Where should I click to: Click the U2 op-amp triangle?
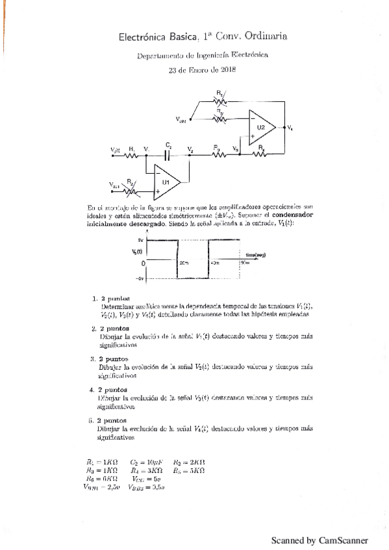click(262, 127)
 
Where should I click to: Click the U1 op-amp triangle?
click(167, 182)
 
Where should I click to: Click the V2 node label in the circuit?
click(190, 149)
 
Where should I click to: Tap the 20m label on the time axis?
click(184, 262)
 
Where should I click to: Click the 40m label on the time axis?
click(216, 262)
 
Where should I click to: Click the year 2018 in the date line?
click(227, 70)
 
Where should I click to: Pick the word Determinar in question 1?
click(118, 305)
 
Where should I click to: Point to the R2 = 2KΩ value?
click(189, 462)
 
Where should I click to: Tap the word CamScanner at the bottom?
click(344, 540)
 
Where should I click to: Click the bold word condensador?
click(292, 213)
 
